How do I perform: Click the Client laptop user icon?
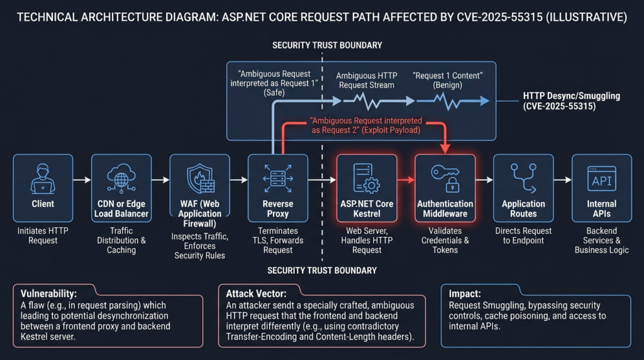[43, 177]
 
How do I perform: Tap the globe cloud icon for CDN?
[121, 177]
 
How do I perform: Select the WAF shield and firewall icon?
[200, 177]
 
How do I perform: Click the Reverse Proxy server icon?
[278, 177]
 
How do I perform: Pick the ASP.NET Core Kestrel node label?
[367, 209]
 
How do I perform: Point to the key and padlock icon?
[445, 177]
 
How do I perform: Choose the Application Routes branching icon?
[523, 177]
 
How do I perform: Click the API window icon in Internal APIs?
[601, 177]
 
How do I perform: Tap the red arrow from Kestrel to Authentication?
[406, 180]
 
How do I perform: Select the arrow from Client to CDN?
[82, 180]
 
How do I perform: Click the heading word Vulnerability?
[50, 293]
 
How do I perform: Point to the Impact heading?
[466, 293]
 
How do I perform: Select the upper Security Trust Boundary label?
[326, 45]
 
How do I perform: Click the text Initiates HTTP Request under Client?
[43, 235]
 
